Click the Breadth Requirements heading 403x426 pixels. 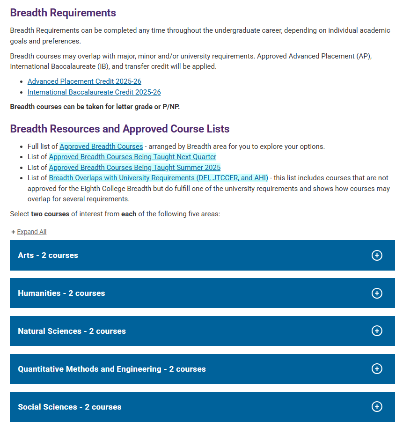pos(63,13)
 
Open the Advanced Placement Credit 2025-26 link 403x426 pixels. pos(84,81)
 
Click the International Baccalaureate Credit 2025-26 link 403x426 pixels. pos(94,92)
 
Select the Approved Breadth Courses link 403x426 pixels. pos(101,147)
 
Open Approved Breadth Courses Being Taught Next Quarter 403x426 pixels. pos(132,157)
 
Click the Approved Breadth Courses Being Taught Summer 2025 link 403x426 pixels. pos(135,168)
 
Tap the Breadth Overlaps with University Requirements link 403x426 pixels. pos(158,178)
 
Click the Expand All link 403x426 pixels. pos(31,232)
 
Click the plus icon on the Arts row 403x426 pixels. pos(376,255)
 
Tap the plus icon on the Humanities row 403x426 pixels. pos(376,293)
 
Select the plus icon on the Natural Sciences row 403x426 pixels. pos(376,331)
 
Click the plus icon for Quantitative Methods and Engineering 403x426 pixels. pos(376,369)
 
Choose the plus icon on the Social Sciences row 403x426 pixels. pos(376,406)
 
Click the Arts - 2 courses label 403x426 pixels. pos(48,255)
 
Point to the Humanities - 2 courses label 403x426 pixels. pos(61,293)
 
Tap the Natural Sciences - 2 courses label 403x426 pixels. pos(72,331)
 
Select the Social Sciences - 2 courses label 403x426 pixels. pos(69,407)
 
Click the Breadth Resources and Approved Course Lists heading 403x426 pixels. pos(119,129)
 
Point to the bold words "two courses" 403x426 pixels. pos(50,214)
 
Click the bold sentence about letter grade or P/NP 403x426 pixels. pos(95,107)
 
